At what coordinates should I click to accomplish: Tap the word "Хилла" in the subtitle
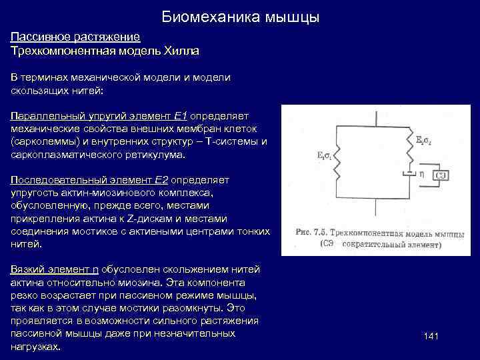coord(179,50)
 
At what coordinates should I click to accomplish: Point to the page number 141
coord(431,337)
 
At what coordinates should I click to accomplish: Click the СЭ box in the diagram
coord(441,175)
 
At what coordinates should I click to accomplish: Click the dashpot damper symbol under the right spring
coord(407,175)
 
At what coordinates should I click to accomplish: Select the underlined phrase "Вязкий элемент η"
coord(55,269)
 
